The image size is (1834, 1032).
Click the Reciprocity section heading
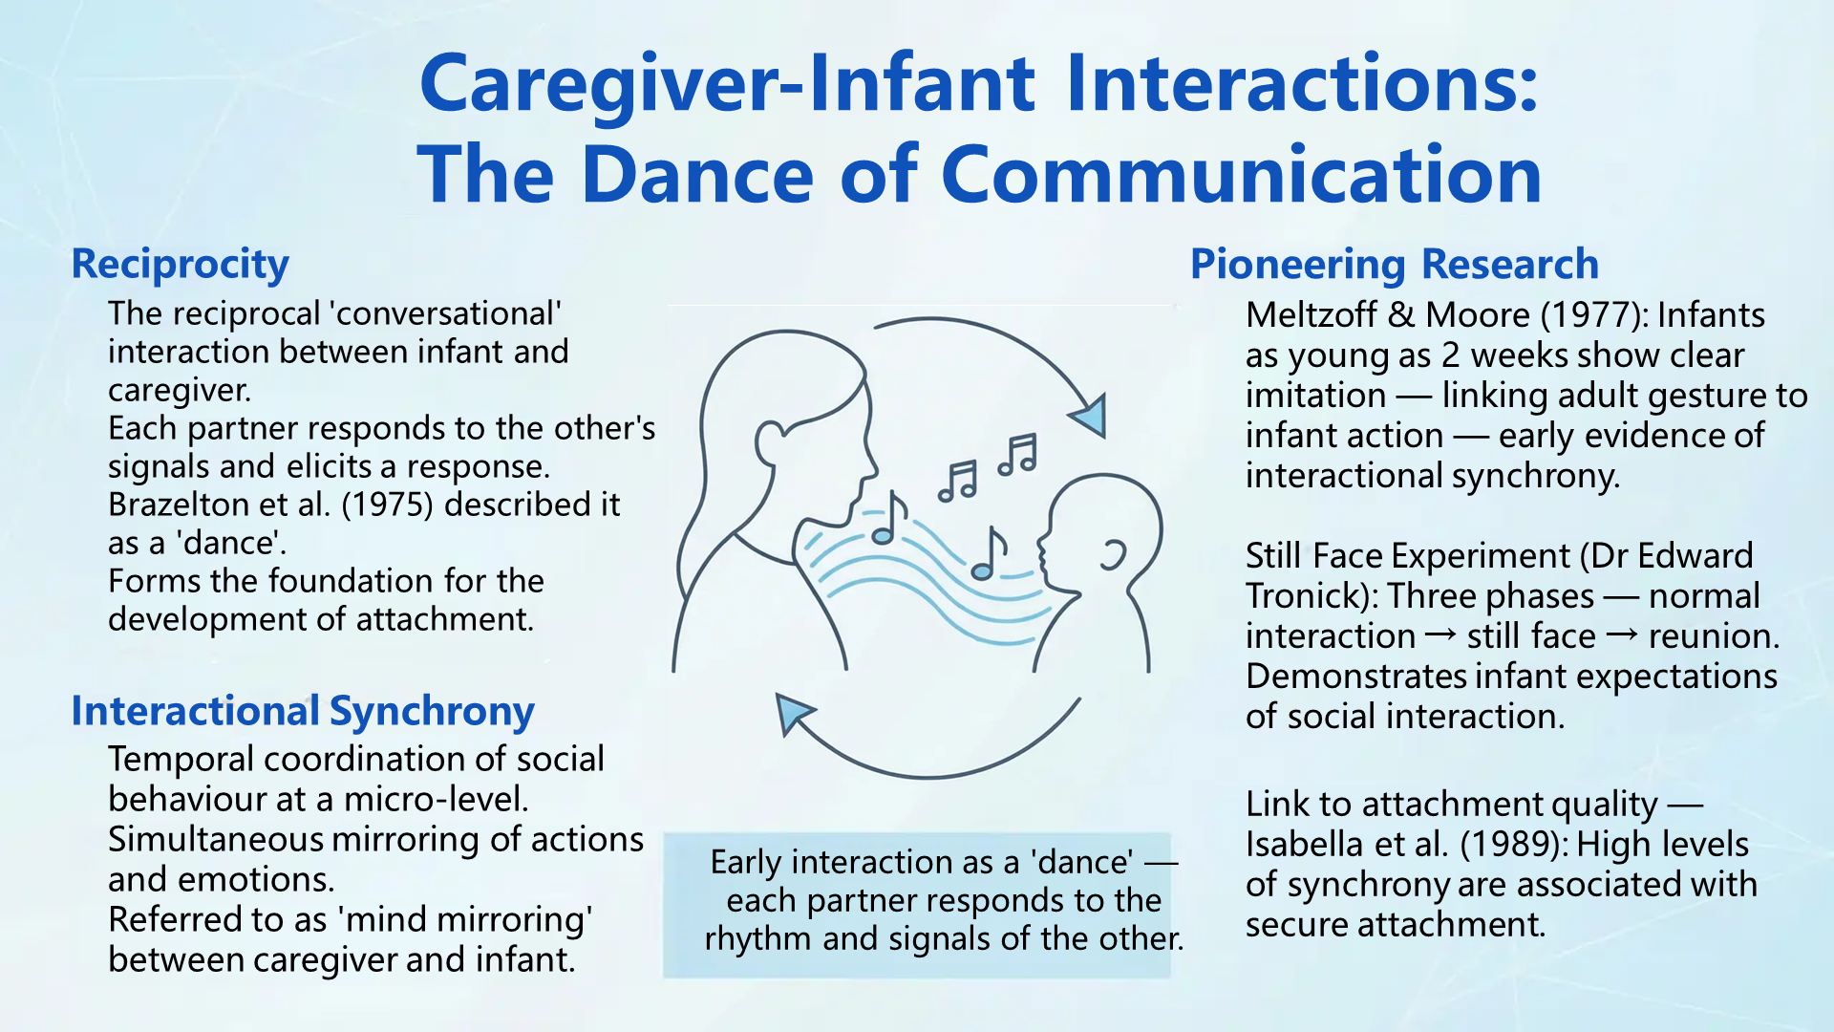[x=180, y=265]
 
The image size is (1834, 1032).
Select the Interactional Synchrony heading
[x=303, y=712]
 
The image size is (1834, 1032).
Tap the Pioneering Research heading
[x=1394, y=265]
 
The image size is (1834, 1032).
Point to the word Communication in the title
[x=1242, y=175]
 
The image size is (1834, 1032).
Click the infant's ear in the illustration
[x=1114, y=555]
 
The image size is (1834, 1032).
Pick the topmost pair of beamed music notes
[x=1017, y=454]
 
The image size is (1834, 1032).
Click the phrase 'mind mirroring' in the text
[x=464, y=920]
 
